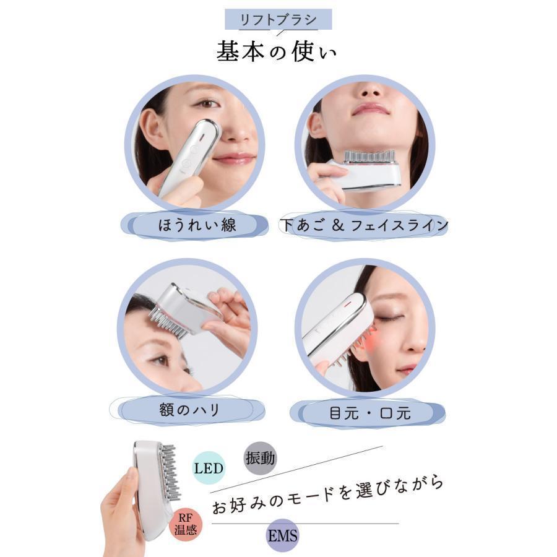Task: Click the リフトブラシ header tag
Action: [x=278, y=20]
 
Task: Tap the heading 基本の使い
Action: [x=277, y=52]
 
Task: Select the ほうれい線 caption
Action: [x=197, y=225]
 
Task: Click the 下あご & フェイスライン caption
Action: [x=365, y=225]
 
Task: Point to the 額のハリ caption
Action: [x=190, y=410]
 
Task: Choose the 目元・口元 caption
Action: [x=370, y=413]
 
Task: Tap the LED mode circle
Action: [x=209, y=468]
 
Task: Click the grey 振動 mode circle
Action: [x=261, y=458]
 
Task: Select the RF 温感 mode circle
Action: [x=186, y=525]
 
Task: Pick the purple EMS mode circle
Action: [x=282, y=535]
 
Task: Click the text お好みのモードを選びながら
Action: [x=327, y=494]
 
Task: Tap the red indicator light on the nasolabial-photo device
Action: [x=201, y=136]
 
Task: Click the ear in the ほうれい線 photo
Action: [x=153, y=128]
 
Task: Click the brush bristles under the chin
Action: [x=369, y=157]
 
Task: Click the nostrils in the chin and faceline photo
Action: [x=369, y=92]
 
